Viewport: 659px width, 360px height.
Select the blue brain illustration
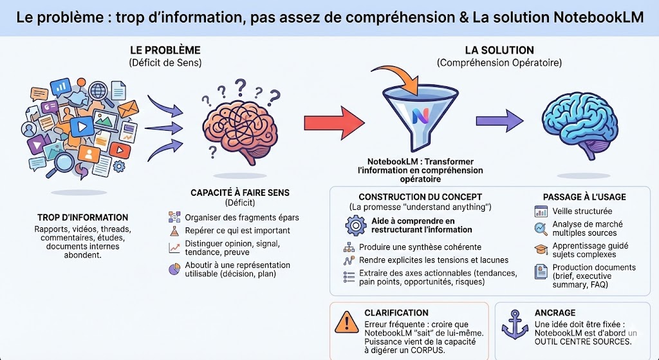[584, 122]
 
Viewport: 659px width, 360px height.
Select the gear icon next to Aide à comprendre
[355, 225]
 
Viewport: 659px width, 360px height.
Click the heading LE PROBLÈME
[165, 50]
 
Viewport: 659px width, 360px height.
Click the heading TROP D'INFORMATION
[82, 217]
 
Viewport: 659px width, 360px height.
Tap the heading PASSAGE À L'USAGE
[584, 196]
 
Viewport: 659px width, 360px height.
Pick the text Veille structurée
[582, 211]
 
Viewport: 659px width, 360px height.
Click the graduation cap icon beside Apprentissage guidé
[541, 250]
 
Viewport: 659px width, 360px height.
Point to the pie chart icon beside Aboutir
[174, 269]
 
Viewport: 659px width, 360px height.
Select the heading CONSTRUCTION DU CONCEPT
[420, 196]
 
